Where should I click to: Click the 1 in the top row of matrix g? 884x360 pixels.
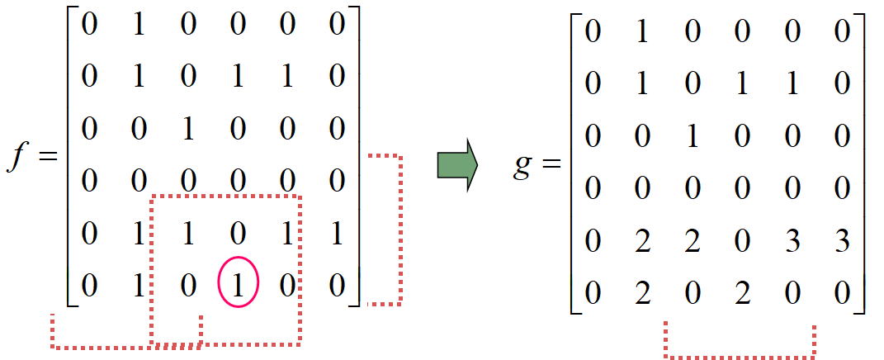coord(642,35)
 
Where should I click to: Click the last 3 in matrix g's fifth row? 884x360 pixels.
coord(841,243)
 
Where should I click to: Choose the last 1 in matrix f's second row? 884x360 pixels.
coord(287,78)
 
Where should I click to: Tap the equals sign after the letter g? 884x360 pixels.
coord(551,168)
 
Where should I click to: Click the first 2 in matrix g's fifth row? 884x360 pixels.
coord(642,243)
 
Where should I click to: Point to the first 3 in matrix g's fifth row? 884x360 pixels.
coord(792,243)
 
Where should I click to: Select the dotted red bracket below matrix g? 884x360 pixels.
coord(740,357)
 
